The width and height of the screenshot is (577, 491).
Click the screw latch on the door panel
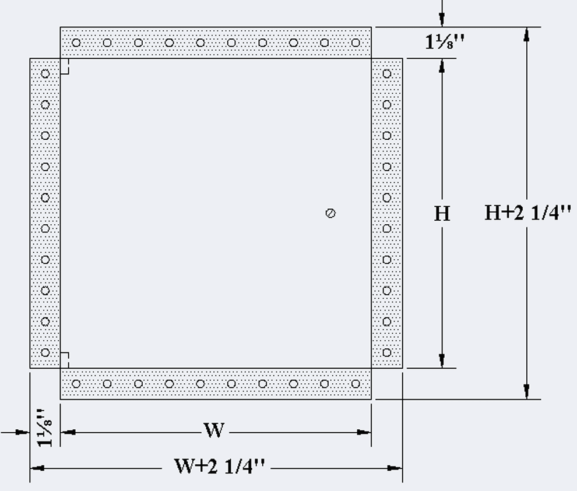tap(331, 213)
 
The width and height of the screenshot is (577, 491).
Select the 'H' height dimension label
tap(442, 214)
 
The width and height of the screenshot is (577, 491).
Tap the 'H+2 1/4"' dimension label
tap(527, 213)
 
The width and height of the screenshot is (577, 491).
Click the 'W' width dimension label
tap(214, 430)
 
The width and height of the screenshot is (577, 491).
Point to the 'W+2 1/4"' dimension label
tap(219, 467)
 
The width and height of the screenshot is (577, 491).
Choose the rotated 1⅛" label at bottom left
tap(45, 427)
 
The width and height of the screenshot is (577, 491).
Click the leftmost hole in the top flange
tap(76, 43)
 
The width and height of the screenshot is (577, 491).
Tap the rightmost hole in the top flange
tap(356, 43)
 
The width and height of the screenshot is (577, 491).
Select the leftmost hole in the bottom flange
tap(76, 384)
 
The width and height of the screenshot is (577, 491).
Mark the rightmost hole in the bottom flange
tap(356, 384)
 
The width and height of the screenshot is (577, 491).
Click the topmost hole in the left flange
tap(45, 74)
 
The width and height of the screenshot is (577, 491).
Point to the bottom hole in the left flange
tap(45, 353)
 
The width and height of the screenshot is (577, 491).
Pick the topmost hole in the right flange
tap(387, 74)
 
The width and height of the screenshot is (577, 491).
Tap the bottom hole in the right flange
tap(387, 353)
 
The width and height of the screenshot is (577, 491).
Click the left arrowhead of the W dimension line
tap(68, 432)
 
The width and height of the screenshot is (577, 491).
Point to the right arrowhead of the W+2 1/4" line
tap(395, 468)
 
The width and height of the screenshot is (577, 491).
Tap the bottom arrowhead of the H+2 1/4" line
tap(527, 391)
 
